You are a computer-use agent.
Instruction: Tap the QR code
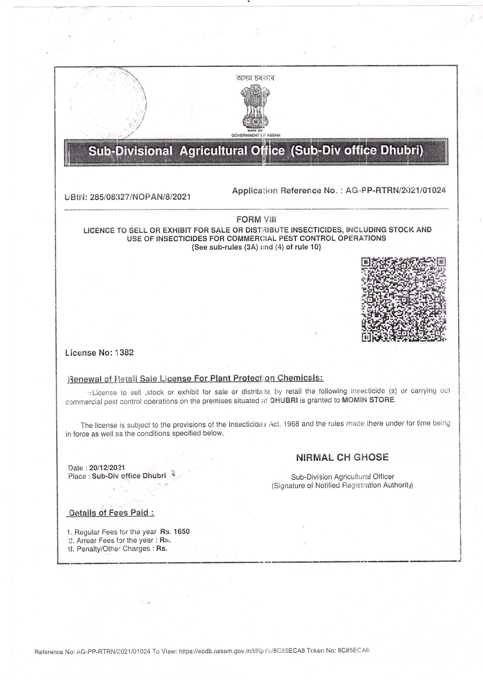[x=404, y=299]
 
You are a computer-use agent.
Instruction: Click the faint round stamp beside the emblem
[x=109, y=103]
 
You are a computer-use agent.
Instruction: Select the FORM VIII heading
[x=256, y=219]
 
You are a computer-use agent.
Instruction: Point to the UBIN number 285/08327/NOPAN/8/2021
[x=140, y=197]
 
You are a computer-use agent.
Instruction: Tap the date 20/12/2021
[x=107, y=468]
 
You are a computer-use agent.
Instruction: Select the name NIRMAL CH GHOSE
[x=342, y=457]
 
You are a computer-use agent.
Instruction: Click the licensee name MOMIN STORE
[x=368, y=399]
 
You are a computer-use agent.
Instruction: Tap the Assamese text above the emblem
[x=255, y=78]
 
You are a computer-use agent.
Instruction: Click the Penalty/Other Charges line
[x=117, y=549]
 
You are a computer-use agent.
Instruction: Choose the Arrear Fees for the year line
[x=119, y=540]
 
